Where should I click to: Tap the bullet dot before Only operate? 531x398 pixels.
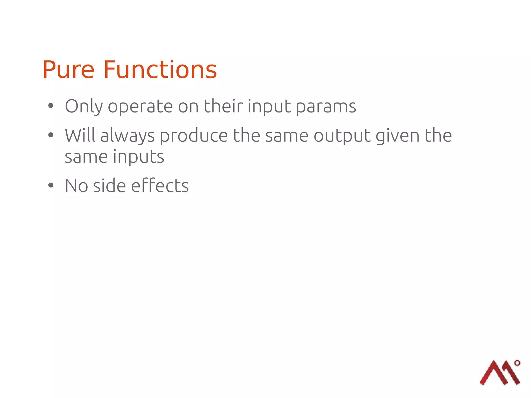51,106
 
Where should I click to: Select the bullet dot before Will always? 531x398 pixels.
51,135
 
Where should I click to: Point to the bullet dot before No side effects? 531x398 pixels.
51,185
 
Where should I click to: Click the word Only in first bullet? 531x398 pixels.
84,106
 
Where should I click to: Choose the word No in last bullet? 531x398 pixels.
76,186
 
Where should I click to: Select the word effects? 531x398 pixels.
160,186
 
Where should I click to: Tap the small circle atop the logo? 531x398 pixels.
517,363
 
